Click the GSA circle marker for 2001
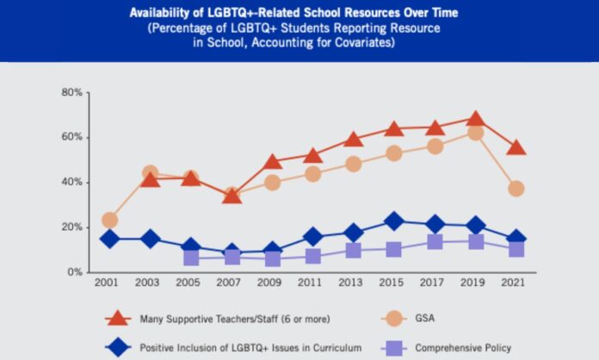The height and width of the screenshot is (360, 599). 109,220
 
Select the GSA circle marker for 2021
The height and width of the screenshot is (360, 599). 516,189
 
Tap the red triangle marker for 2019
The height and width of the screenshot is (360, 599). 475,119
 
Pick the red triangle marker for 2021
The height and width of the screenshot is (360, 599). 516,147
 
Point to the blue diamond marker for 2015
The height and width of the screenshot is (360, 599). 394,221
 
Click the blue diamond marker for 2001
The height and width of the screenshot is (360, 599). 109,239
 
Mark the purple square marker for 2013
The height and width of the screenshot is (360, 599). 353,251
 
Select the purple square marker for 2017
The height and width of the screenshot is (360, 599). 435,242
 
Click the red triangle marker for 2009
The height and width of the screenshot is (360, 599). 272,162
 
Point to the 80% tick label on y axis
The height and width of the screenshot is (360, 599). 72,92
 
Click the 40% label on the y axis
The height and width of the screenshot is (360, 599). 72,183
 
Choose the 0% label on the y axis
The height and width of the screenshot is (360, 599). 75,272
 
